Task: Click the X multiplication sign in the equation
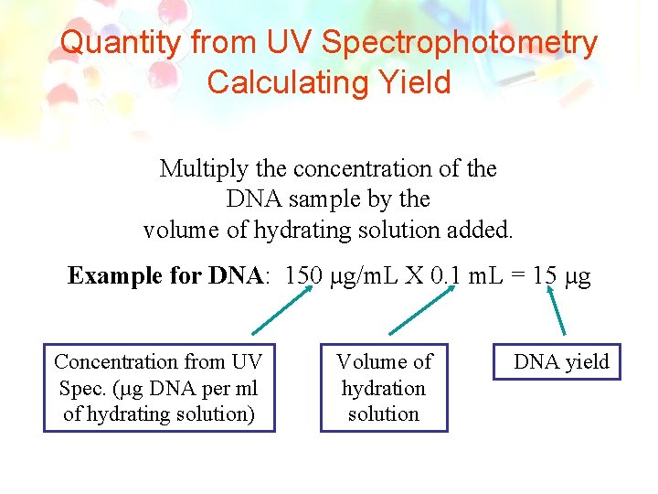(413, 276)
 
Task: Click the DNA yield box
(560, 362)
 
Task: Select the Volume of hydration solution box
(384, 388)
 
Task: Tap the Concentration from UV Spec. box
(160, 388)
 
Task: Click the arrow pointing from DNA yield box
(557, 311)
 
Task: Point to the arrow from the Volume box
(421, 311)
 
